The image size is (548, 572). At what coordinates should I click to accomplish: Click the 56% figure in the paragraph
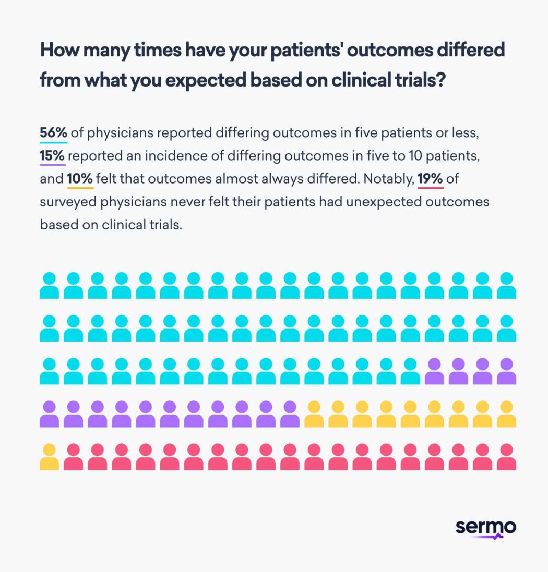tap(53, 133)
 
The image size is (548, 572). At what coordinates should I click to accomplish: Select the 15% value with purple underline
tap(52, 156)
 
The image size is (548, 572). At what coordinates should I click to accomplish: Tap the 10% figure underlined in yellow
tap(80, 179)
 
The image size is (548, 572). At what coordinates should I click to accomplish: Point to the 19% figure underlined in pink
tap(431, 179)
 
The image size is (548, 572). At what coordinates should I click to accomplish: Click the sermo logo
tap(485, 528)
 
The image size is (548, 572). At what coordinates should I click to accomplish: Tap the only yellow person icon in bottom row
tap(49, 457)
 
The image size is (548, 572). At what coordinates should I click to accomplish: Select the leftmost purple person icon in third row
tap(434, 371)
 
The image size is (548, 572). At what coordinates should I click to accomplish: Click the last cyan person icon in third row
tap(410, 371)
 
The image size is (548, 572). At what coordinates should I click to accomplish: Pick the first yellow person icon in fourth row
tap(314, 414)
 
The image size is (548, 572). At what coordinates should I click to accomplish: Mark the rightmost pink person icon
tap(506, 457)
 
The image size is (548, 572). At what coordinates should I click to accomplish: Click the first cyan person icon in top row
tap(49, 285)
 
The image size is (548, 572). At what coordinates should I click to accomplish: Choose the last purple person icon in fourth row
tap(290, 414)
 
